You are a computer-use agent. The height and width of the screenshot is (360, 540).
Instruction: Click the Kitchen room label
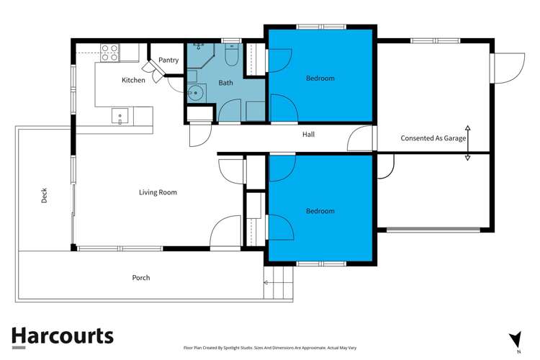pyautogui.click(x=133, y=80)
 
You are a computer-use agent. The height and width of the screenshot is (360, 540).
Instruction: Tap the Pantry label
pyautogui.click(x=168, y=60)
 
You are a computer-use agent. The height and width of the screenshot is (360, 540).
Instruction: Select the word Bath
pyautogui.click(x=226, y=84)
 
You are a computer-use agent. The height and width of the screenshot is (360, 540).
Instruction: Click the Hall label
pyautogui.click(x=308, y=134)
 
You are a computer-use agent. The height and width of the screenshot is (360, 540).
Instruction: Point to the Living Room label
pyautogui.click(x=158, y=192)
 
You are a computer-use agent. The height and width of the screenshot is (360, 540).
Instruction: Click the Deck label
pyautogui.click(x=44, y=194)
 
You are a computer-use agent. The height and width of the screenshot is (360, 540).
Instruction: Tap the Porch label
pyautogui.click(x=141, y=277)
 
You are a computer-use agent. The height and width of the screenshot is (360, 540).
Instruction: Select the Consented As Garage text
pyautogui.click(x=433, y=138)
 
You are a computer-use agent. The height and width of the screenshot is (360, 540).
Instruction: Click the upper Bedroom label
pyautogui.click(x=320, y=78)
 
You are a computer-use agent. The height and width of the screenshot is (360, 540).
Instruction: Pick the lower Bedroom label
pyautogui.click(x=320, y=211)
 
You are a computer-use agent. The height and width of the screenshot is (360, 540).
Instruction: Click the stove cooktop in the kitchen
pyautogui.click(x=109, y=51)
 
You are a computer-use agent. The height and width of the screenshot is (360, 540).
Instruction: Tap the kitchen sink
pyautogui.click(x=119, y=115)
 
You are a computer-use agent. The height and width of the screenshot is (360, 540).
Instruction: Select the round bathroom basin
pyautogui.click(x=196, y=91)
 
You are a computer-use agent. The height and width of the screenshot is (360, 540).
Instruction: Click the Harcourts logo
pyautogui.click(x=62, y=336)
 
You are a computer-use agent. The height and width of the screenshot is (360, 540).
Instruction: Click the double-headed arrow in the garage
pyautogui.click(x=468, y=141)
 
